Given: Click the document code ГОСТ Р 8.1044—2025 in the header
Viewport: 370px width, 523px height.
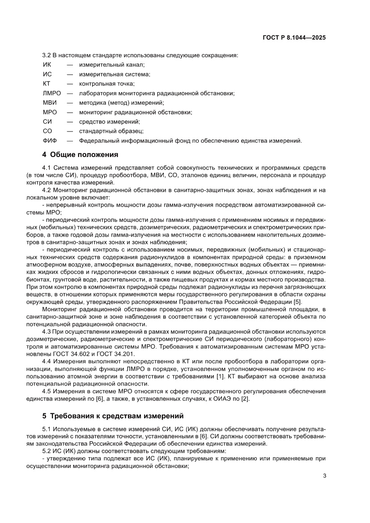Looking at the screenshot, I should click(x=294, y=38).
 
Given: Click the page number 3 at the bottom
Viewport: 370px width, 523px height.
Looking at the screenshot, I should click(x=324, y=476).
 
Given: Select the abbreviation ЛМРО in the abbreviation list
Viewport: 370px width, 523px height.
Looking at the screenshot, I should click(x=52, y=93).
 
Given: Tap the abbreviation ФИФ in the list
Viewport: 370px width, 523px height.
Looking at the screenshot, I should click(x=50, y=140).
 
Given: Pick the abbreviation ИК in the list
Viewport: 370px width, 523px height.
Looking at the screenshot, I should click(x=47, y=64).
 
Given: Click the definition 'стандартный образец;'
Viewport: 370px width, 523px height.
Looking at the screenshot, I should click(x=111, y=131).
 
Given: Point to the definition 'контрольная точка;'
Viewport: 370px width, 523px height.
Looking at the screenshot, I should click(x=107, y=84).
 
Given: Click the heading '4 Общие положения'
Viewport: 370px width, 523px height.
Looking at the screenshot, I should click(x=80, y=155).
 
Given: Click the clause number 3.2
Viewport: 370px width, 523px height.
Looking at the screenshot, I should click(x=47, y=55).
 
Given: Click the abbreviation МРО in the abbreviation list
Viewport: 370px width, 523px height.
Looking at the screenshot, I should click(x=49, y=112).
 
